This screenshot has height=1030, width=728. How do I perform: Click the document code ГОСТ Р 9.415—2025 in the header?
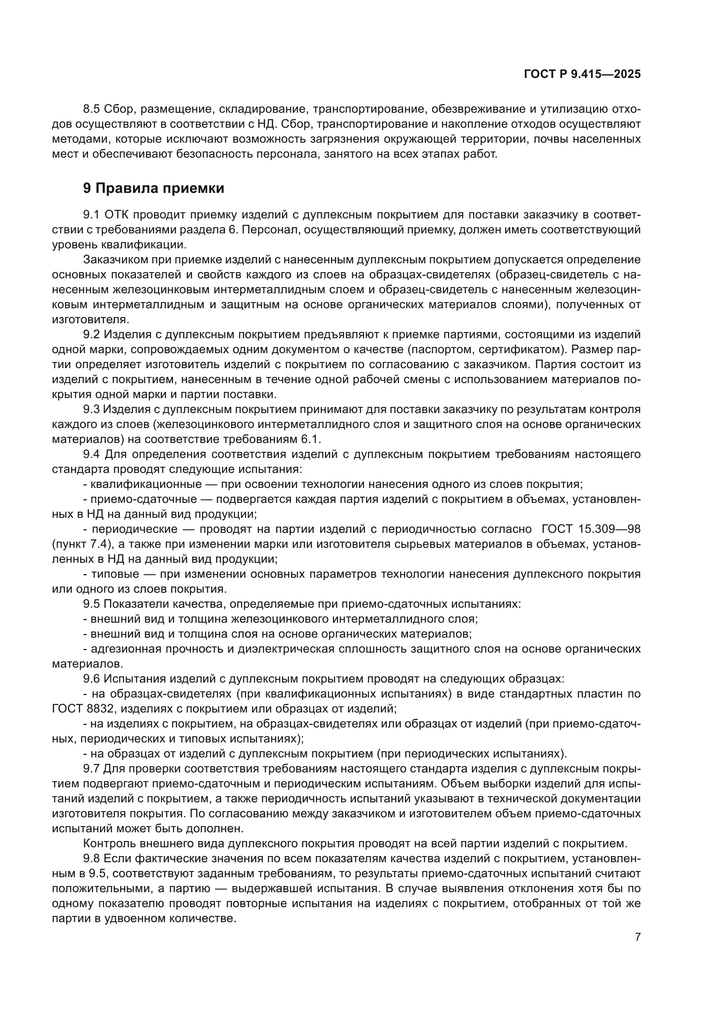[x=582, y=74]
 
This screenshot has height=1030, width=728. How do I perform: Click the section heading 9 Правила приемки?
[x=154, y=188]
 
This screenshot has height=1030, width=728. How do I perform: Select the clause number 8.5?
[x=92, y=109]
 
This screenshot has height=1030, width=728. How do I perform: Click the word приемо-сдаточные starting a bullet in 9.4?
[x=144, y=499]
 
